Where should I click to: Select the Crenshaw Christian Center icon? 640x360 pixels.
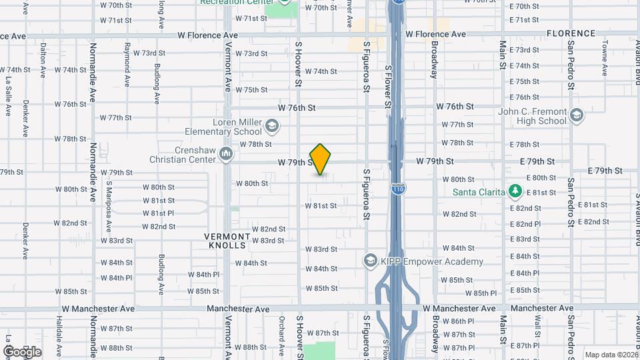[226, 155]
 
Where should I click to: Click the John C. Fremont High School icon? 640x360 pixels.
[577, 117]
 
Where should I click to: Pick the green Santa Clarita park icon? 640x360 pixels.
[514, 192]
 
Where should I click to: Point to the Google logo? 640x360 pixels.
[22, 351]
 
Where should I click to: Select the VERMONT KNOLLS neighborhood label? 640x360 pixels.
[228, 241]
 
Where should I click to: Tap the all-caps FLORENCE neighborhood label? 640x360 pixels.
[571, 33]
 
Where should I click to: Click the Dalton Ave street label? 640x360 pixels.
[43, 58]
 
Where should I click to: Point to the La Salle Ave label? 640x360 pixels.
[9, 97]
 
